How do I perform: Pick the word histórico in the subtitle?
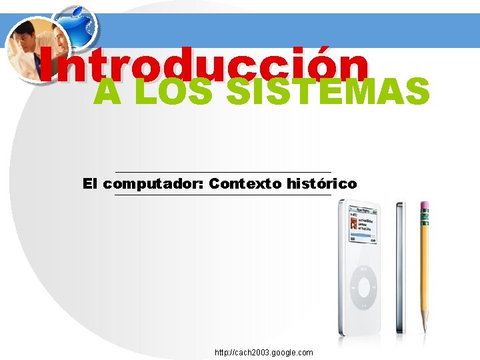(321, 183)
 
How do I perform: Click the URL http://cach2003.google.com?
(263, 352)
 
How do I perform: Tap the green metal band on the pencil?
(424, 218)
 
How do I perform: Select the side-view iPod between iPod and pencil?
(399, 267)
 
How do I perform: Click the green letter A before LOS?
(107, 92)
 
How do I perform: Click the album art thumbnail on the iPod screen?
(354, 224)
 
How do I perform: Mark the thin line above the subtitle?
(223, 172)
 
